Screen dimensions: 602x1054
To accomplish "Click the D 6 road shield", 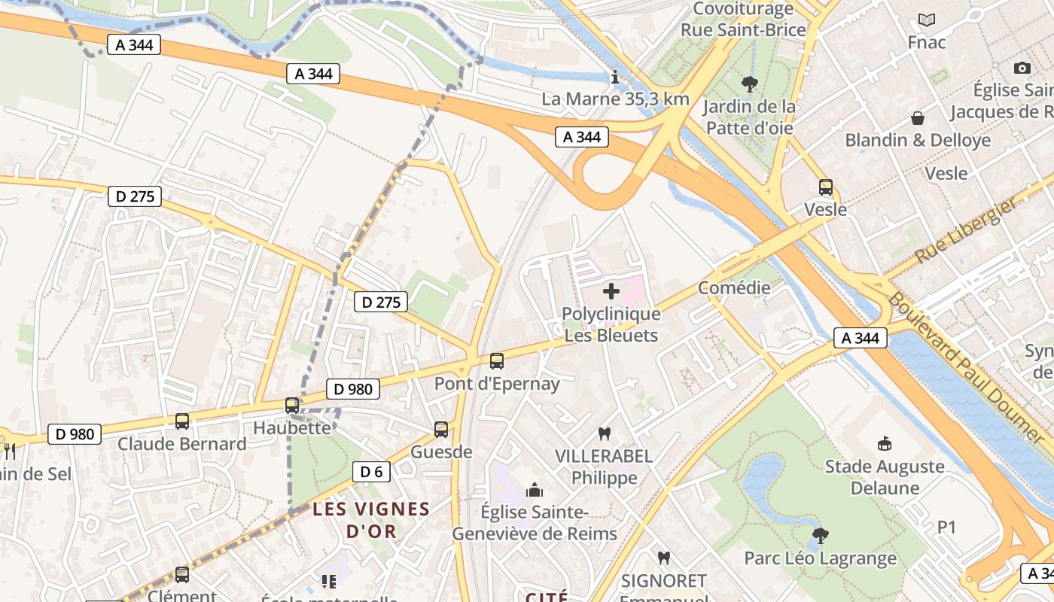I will coord(371,472).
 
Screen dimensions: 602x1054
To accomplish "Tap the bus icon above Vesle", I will coord(826,187).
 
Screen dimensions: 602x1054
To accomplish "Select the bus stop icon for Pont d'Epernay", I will coord(497,361).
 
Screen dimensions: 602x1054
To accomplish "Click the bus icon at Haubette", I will coord(292,406).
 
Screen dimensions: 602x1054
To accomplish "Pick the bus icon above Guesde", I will coord(441,430).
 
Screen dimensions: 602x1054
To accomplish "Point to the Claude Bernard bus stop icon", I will coord(182,421).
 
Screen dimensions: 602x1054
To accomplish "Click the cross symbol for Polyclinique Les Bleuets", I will coord(611,290).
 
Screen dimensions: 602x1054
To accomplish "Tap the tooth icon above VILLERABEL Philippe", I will coord(604,433).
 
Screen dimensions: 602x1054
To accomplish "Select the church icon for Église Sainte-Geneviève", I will coord(535,491).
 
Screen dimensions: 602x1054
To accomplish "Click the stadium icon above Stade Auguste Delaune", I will coord(885,444).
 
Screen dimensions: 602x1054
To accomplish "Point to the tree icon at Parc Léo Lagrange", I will coord(821,536).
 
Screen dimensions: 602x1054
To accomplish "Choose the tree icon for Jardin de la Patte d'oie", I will coord(749,84).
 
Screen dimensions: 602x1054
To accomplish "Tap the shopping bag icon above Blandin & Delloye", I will coord(918,118).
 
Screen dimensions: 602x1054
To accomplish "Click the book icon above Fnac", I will coord(927,20).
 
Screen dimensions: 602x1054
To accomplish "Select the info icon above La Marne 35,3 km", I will coord(616,77).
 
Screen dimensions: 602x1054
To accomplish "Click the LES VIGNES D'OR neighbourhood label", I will coord(371,520).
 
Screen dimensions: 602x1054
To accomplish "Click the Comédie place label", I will coord(734,287).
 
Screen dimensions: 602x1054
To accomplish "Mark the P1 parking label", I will coord(946,528).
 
